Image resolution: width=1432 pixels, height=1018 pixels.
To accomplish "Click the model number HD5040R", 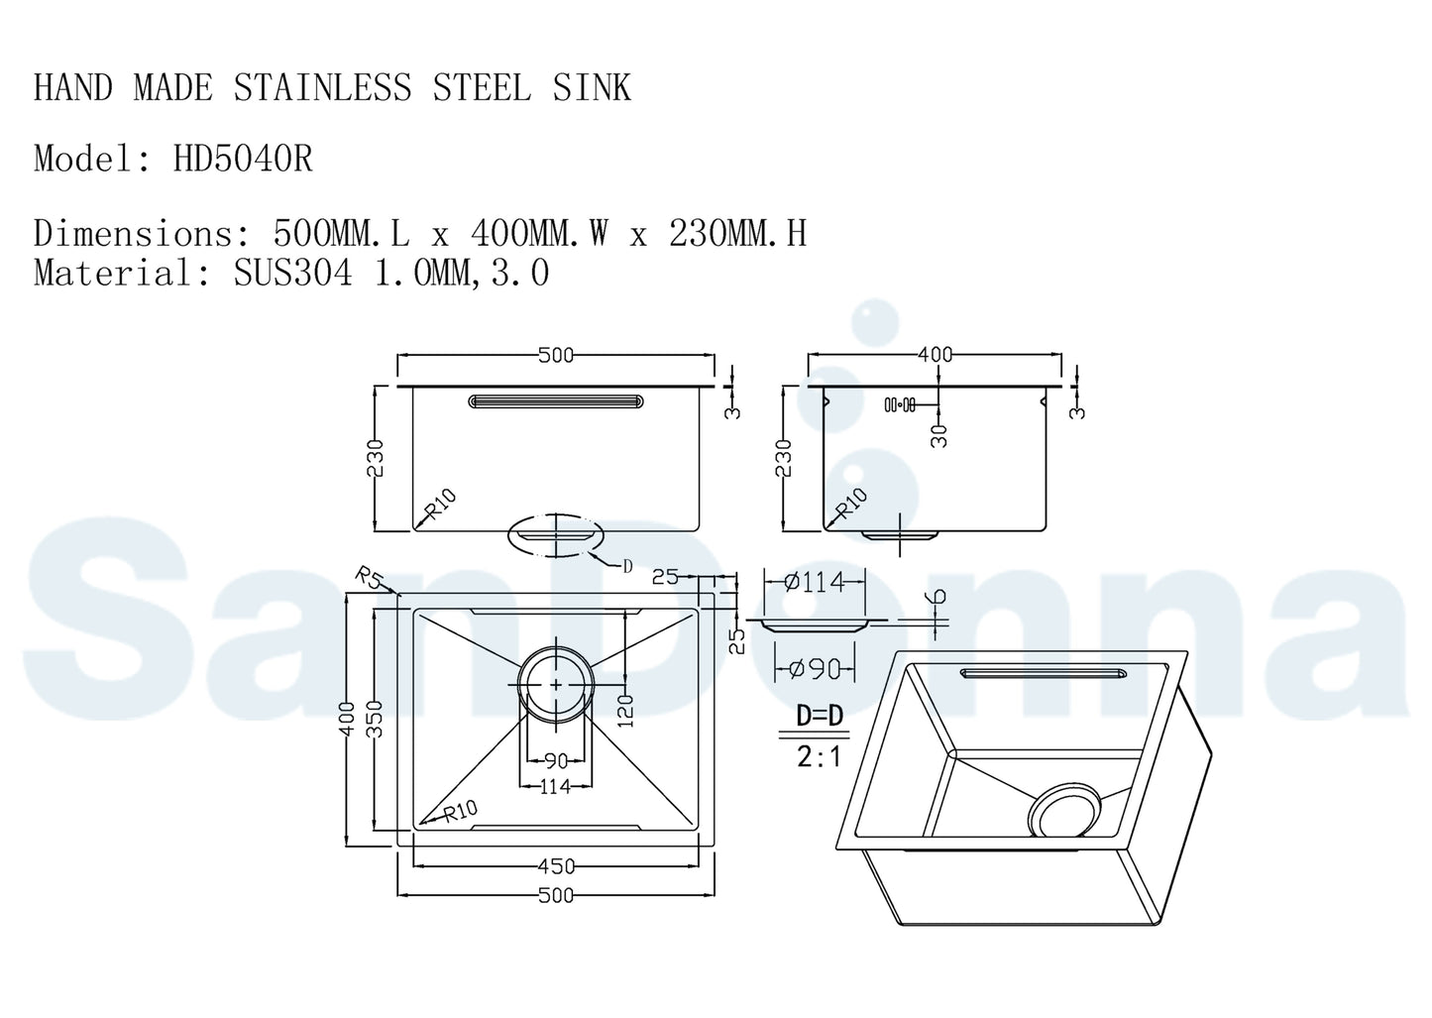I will (x=243, y=159).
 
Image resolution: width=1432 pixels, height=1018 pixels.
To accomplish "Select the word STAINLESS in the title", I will (x=322, y=88).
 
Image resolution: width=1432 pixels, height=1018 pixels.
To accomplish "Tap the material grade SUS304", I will (x=292, y=273).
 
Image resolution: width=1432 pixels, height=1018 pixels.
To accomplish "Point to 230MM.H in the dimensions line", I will (x=737, y=234).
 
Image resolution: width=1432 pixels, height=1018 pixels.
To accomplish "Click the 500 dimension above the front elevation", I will (x=555, y=355).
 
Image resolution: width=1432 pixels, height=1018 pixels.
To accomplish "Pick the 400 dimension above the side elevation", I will (x=935, y=354).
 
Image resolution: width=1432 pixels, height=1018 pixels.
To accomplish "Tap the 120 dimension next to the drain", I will (x=625, y=710).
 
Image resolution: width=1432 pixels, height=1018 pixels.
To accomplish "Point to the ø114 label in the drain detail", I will (x=815, y=582).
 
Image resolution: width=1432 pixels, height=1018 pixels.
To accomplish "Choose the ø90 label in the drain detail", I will (x=814, y=670).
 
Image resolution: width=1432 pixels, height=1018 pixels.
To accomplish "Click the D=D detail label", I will (x=820, y=715).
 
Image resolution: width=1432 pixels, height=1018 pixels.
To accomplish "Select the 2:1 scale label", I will (x=820, y=757).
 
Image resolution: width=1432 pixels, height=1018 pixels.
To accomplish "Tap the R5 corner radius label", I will (x=368, y=578).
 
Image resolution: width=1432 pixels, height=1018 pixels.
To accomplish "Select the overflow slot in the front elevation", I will (x=556, y=401).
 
